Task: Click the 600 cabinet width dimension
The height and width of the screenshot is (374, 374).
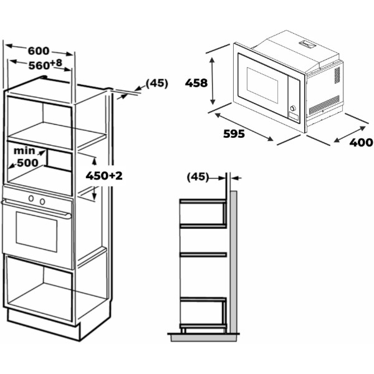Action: [39, 51]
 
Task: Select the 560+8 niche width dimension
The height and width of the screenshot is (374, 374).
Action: [46, 65]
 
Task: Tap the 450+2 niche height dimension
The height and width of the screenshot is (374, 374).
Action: [104, 176]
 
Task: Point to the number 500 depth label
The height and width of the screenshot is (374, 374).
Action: [27, 163]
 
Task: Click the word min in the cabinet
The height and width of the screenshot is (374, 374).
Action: [24, 151]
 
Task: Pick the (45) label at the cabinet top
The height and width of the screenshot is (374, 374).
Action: [157, 84]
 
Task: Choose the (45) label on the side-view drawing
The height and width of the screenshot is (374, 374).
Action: [198, 177]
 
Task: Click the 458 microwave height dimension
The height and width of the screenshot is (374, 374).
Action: [196, 83]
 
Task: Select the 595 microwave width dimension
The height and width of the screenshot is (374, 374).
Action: [234, 134]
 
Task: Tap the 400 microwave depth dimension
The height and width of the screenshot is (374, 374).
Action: [361, 142]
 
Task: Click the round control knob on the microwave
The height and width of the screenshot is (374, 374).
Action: [293, 108]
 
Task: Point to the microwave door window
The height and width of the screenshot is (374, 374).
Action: [262, 85]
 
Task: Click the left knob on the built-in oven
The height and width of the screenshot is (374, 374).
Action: [31, 198]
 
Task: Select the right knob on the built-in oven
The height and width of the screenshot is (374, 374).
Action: [42, 201]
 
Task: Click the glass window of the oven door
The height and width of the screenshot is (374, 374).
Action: [37, 232]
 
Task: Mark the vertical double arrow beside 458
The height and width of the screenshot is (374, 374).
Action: [213, 80]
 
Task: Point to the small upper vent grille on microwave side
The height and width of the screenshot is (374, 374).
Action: [337, 75]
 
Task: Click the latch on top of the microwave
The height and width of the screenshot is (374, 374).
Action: [307, 44]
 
